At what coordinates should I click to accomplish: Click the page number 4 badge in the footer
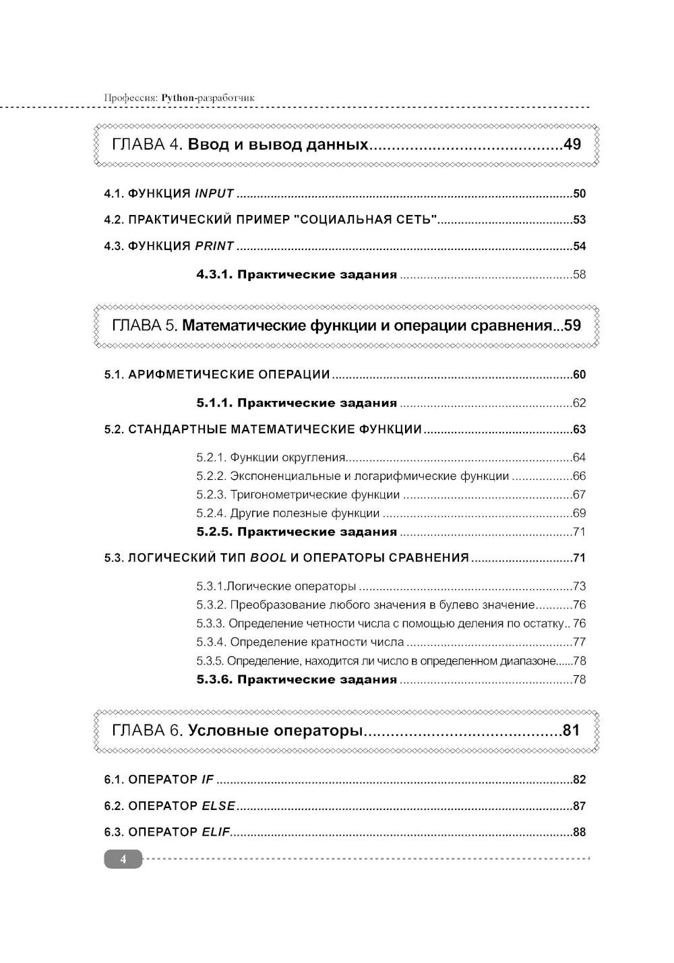coord(123,859)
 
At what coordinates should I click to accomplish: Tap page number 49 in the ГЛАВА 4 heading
coord(572,144)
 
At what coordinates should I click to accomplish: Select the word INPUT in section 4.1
coord(214,194)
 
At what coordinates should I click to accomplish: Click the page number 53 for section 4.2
coord(579,220)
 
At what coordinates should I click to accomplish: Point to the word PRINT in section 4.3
coord(214,246)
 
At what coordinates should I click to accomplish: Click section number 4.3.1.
coord(214,274)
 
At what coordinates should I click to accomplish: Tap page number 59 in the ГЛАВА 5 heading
coord(572,325)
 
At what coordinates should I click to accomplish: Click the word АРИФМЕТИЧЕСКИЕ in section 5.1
coord(177,375)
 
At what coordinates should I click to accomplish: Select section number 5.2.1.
coord(211,458)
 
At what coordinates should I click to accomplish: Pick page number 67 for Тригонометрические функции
coord(579,495)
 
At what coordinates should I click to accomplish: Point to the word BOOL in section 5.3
coord(268,558)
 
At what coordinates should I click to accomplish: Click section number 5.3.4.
coord(211,642)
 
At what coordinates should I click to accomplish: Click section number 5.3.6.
coord(214,679)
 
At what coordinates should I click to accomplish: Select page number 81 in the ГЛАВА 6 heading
coord(571,731)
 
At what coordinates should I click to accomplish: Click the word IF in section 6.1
coord(207,780)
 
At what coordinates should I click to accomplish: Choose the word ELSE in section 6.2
coord(218,806)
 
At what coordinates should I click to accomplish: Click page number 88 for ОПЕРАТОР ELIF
coord(579,832)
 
